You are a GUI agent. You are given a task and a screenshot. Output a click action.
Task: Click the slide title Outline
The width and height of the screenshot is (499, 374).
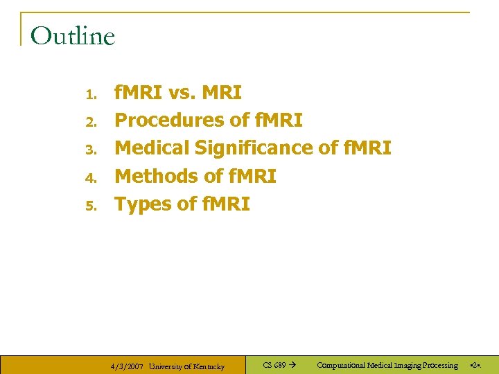tap(73, 36)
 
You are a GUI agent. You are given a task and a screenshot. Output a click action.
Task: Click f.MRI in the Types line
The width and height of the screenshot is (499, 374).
tap(225, 204)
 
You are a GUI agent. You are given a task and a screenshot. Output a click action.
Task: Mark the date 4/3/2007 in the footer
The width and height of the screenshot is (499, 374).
tap(128, 366)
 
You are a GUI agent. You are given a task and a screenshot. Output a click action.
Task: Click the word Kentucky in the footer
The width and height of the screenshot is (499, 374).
tap(206, 366)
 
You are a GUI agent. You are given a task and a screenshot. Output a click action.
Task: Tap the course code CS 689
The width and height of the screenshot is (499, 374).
tap(274, 365)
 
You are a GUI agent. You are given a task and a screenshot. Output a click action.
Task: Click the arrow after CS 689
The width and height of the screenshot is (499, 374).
tap(292, 365)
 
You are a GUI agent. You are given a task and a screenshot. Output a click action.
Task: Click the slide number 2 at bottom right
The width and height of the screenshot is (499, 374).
tap(475, 365)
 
